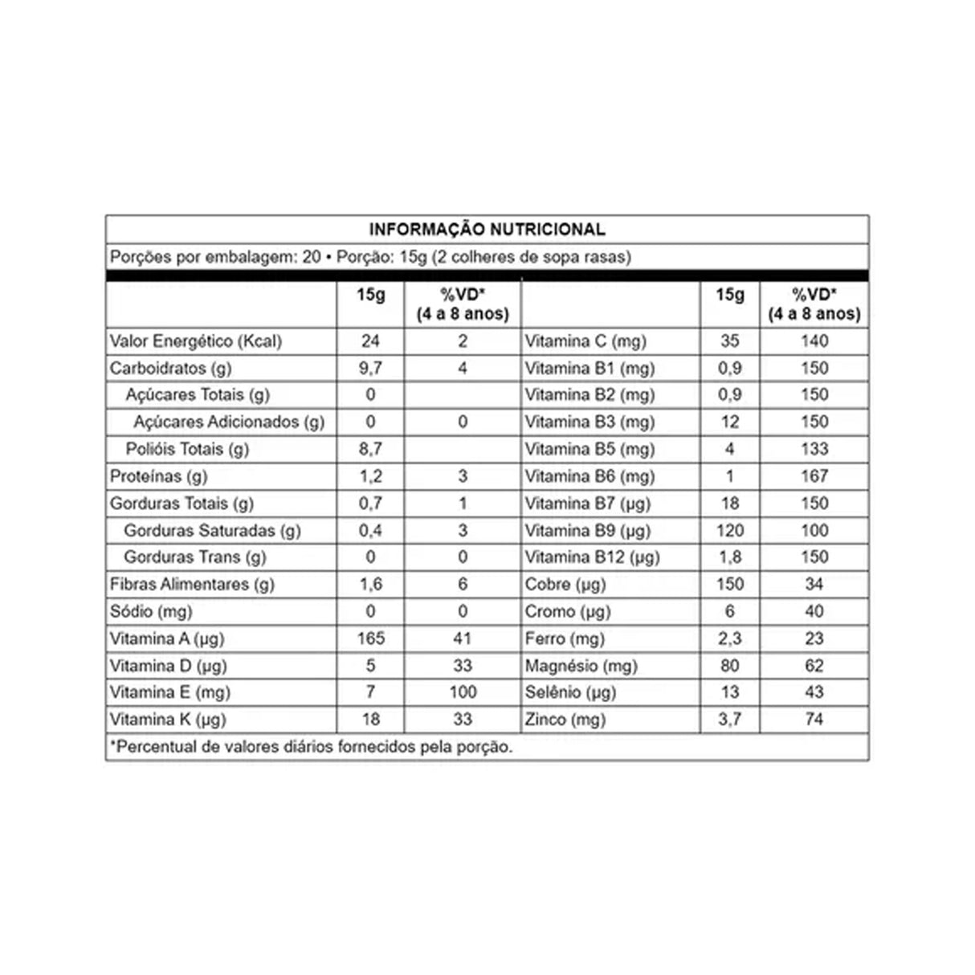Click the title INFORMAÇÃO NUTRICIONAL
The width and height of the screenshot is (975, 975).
point(487,230)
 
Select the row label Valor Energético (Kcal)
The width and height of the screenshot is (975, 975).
point(196,341)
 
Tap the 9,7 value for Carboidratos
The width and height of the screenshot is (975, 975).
point(370,369)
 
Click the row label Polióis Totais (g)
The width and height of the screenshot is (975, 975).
point(187,449)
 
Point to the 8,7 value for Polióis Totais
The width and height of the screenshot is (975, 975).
point(370,449)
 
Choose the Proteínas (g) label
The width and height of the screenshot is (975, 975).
point(159,476)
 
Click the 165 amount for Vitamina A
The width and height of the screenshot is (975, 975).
point(370,638)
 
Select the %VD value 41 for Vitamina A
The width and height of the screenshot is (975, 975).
point(463,638)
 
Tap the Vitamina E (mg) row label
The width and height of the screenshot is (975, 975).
point(170,692)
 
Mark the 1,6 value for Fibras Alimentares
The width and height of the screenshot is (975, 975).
point(370,585)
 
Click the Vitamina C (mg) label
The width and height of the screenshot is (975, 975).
point(585,341)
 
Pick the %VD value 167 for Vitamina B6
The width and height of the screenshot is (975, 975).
point(814,476)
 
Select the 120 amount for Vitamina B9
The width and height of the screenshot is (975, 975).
point(730,531)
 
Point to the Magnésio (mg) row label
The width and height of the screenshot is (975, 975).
point(581,666)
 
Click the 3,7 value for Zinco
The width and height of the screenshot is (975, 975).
point(730,720)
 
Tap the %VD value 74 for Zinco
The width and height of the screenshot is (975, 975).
point(814,720)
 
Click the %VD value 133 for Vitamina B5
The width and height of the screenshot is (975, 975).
point(814,449)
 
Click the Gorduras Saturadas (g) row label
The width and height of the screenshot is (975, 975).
point(212,531)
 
